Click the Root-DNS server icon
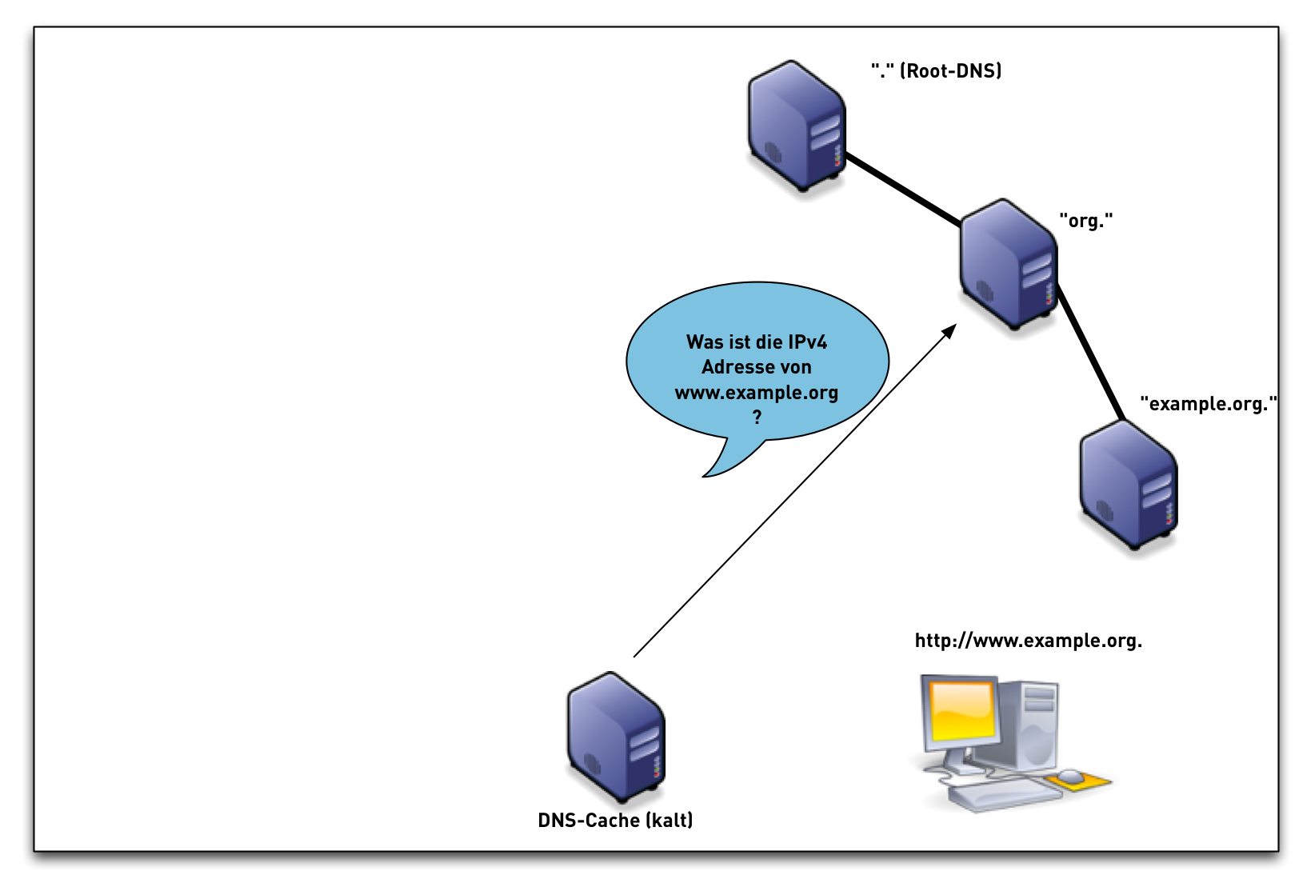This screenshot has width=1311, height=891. [797, 126]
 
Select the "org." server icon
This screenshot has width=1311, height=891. [1009, 264]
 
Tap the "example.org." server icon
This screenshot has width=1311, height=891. [1129, 485]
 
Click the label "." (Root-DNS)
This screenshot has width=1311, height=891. [936, 71]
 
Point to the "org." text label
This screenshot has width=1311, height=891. [1085, 221]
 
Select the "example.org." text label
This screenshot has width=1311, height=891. [1208, 404]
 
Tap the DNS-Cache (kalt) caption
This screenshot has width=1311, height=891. [615, 821]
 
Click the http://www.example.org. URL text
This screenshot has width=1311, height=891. [1028, 641]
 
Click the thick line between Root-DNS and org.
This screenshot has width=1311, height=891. [904, 190]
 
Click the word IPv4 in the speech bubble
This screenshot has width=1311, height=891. [801, 342]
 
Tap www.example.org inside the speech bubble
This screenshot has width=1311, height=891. [756, 393]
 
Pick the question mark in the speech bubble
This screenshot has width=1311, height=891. [757, 418]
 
